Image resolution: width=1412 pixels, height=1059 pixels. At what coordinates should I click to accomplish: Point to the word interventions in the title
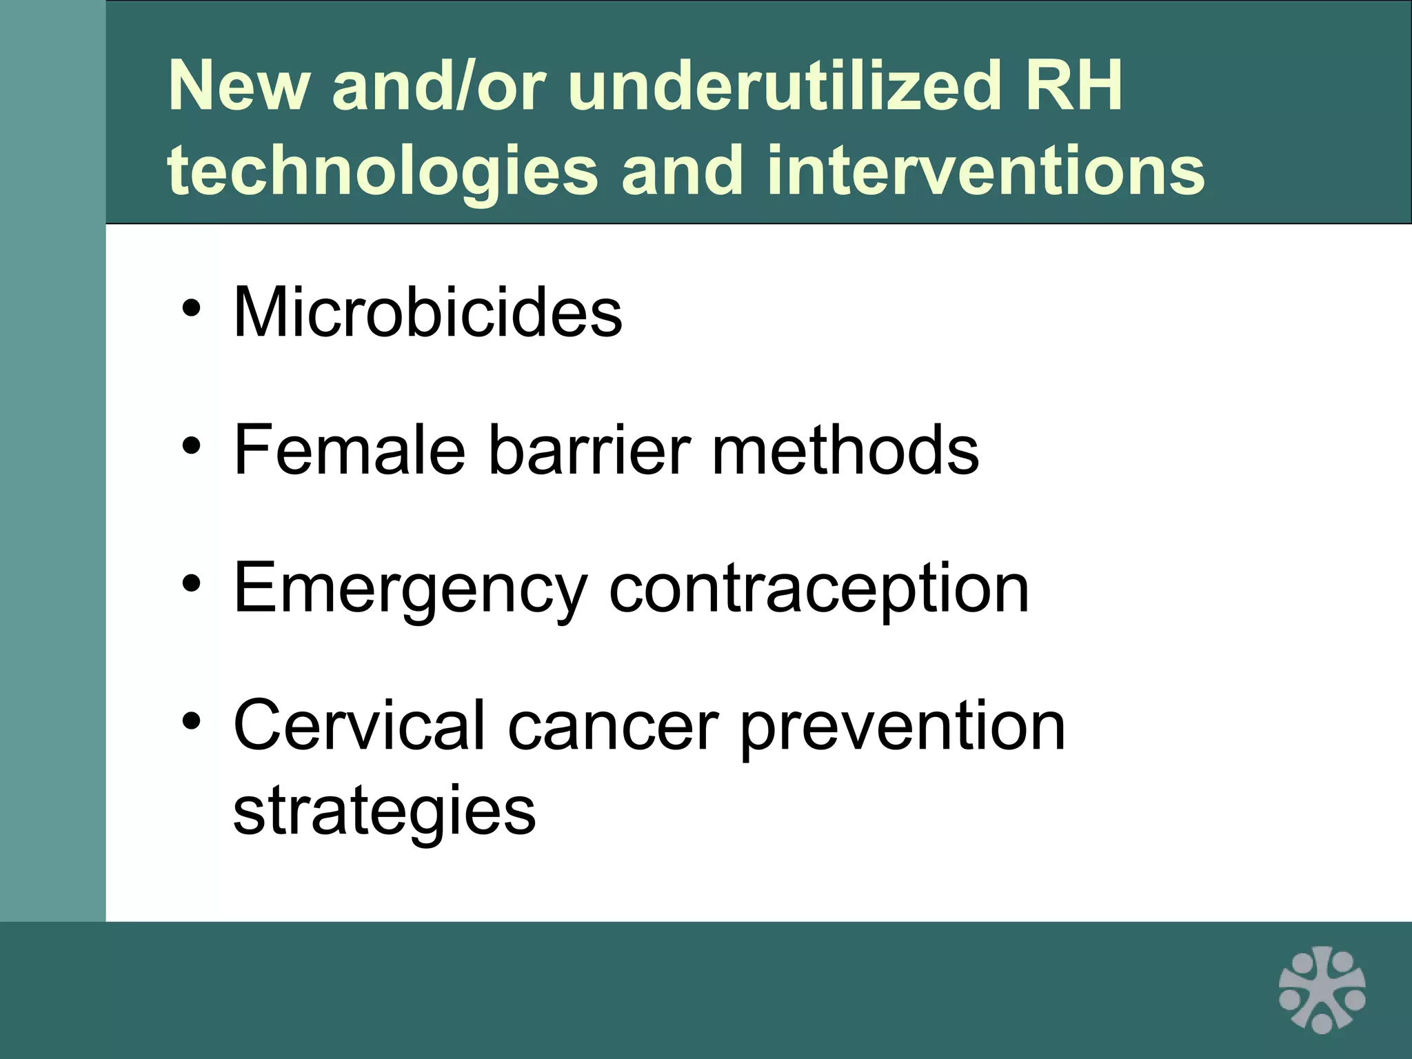(x=985, y=170)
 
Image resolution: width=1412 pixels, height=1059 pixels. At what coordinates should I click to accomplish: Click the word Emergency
(x=410, y=590)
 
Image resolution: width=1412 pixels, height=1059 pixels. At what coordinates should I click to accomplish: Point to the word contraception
(x=819, y=590)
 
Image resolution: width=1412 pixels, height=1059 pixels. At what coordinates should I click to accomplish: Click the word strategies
(x=384, y=811)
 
